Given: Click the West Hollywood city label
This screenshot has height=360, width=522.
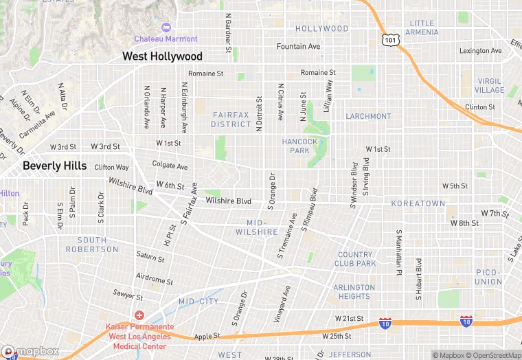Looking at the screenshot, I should pyautogui.click(x=162, y=56).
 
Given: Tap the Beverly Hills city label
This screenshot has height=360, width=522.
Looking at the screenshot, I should pyautogui.click(x=54, y=166).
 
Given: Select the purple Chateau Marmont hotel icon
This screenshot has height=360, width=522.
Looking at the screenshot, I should pyautogui.click(x=165, y=27).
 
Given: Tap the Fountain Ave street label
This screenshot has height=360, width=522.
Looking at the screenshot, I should pyautogui.click(x=298, y=47).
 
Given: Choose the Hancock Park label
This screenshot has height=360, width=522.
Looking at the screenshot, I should pyautogui.click(x=300, y=146).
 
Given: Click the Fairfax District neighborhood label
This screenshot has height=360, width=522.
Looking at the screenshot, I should pyautogui.click(x=231, y=120).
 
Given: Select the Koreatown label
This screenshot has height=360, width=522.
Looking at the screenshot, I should pyautogui.click(x=418, y=204).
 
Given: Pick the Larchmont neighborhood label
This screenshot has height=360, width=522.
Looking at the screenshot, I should pyautogui.click(x=368, y=116).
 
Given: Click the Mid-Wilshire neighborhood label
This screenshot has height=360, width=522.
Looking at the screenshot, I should pyautogui.click(x=262, y=227).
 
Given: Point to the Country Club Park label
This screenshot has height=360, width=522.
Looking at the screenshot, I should pyautogui.click(x=356, y=259).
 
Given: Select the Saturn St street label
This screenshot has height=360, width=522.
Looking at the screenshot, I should pyautogui.click(x=150, y=257).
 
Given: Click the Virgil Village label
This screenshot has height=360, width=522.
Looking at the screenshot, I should pyautogui.click(x=489, y=86).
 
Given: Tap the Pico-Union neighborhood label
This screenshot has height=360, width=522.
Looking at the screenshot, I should pyautogui.click(x=489, y=277).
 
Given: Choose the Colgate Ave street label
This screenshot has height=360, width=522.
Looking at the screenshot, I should pyautogui.click(x=170, y=166).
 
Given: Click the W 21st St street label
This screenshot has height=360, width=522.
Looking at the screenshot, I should pyautogui.click(x=349, y=319).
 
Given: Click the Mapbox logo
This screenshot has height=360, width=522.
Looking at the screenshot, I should pyautogui.click(x=31, y=351).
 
